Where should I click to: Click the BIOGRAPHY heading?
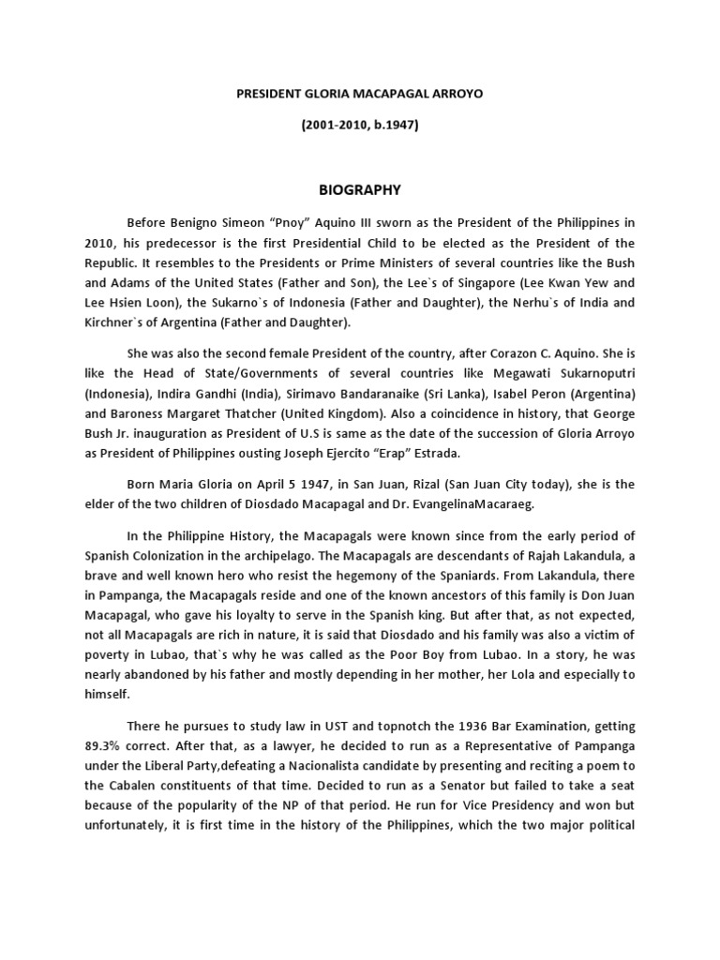click(360, 190)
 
